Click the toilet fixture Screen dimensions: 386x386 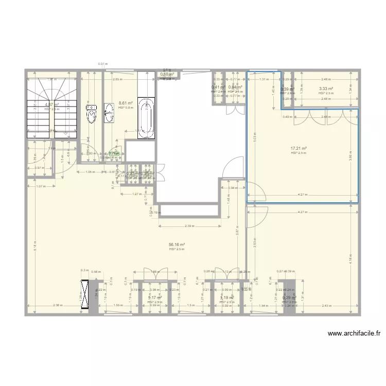click(x=91, y=114)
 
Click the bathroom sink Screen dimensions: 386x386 click(x=109, y=114)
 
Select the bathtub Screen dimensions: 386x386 click(x=146, y=118)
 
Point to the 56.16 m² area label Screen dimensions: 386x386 click(x=177, y=245)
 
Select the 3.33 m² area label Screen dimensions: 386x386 click(x=326, y=89)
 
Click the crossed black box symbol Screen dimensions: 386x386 click(x=85, y=295)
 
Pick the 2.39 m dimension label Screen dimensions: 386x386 click(x=189, y=226)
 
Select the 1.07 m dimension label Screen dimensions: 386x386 click(x=42, y=186)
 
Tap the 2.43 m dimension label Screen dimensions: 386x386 click(x=325, y=306)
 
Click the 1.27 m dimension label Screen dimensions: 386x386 click(x=136, y=194)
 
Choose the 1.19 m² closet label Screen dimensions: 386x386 click(x=226, y=298)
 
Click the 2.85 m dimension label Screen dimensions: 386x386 click(x=117, y=79)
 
